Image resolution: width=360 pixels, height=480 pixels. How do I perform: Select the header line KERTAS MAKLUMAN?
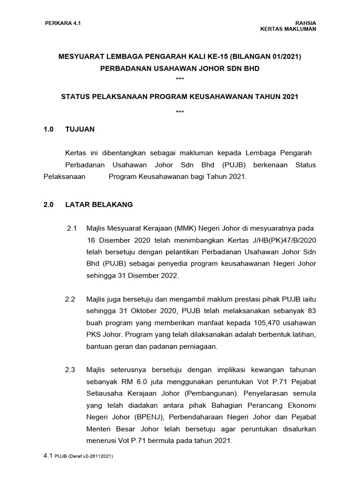click(x=288, y=29)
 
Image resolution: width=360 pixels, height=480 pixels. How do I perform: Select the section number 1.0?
click(x=49, y=129)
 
